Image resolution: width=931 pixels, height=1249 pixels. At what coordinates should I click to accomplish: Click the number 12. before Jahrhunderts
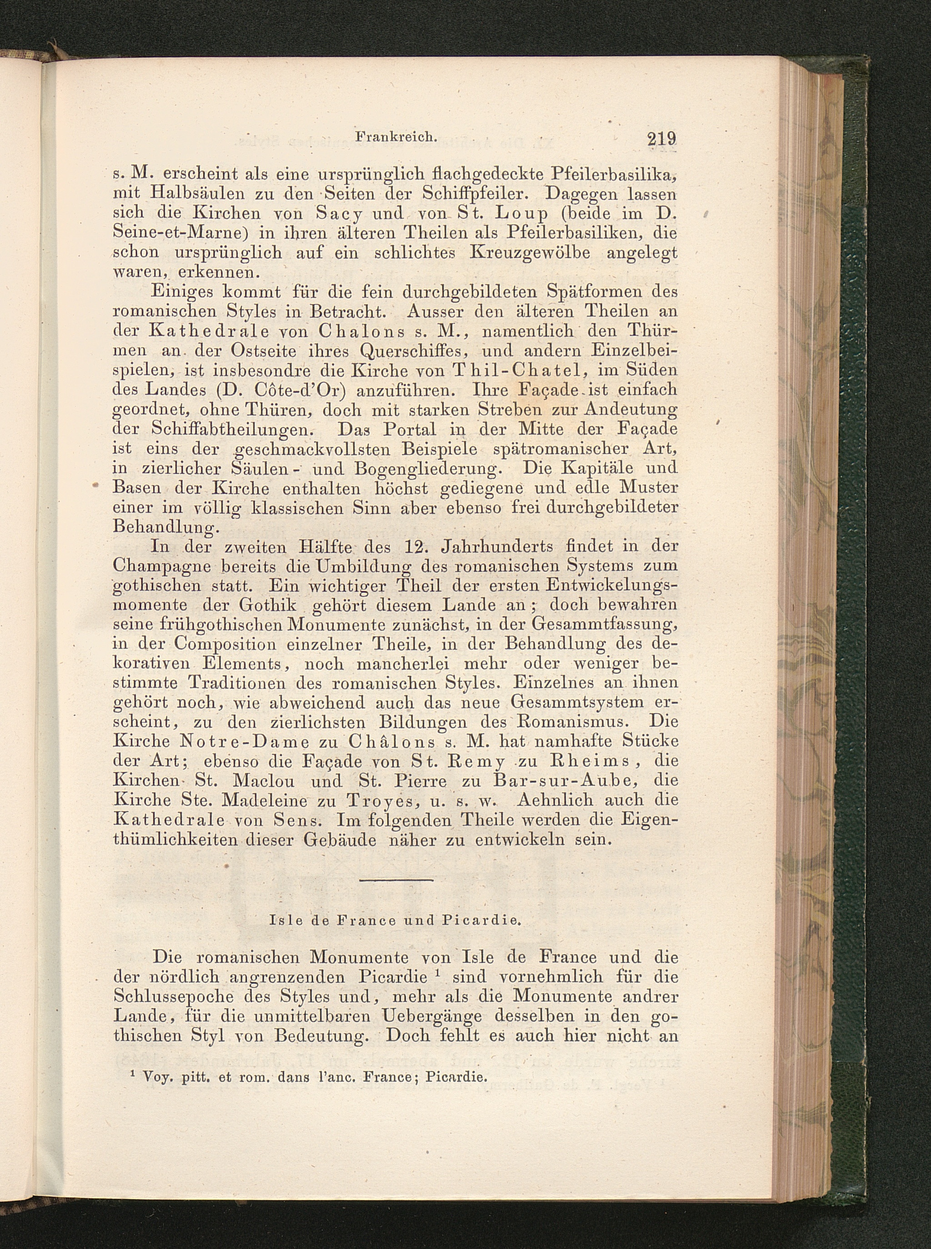click(x=418, y=546)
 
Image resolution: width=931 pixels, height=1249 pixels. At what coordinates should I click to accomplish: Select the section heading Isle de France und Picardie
click(x=395, y=921)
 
